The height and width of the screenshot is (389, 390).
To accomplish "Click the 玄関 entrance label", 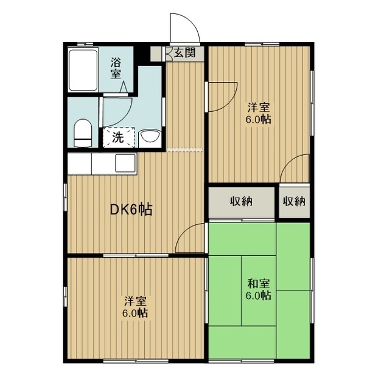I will pos(184,53).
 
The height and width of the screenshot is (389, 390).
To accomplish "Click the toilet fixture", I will pos(82,133).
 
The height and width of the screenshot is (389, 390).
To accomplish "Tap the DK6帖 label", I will pos(130,210).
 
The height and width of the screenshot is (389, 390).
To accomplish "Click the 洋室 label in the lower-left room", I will pos(135,301).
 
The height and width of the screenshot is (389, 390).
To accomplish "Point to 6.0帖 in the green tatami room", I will pos(259,296).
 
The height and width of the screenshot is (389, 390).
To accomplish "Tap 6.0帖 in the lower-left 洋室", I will pos(135,314).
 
